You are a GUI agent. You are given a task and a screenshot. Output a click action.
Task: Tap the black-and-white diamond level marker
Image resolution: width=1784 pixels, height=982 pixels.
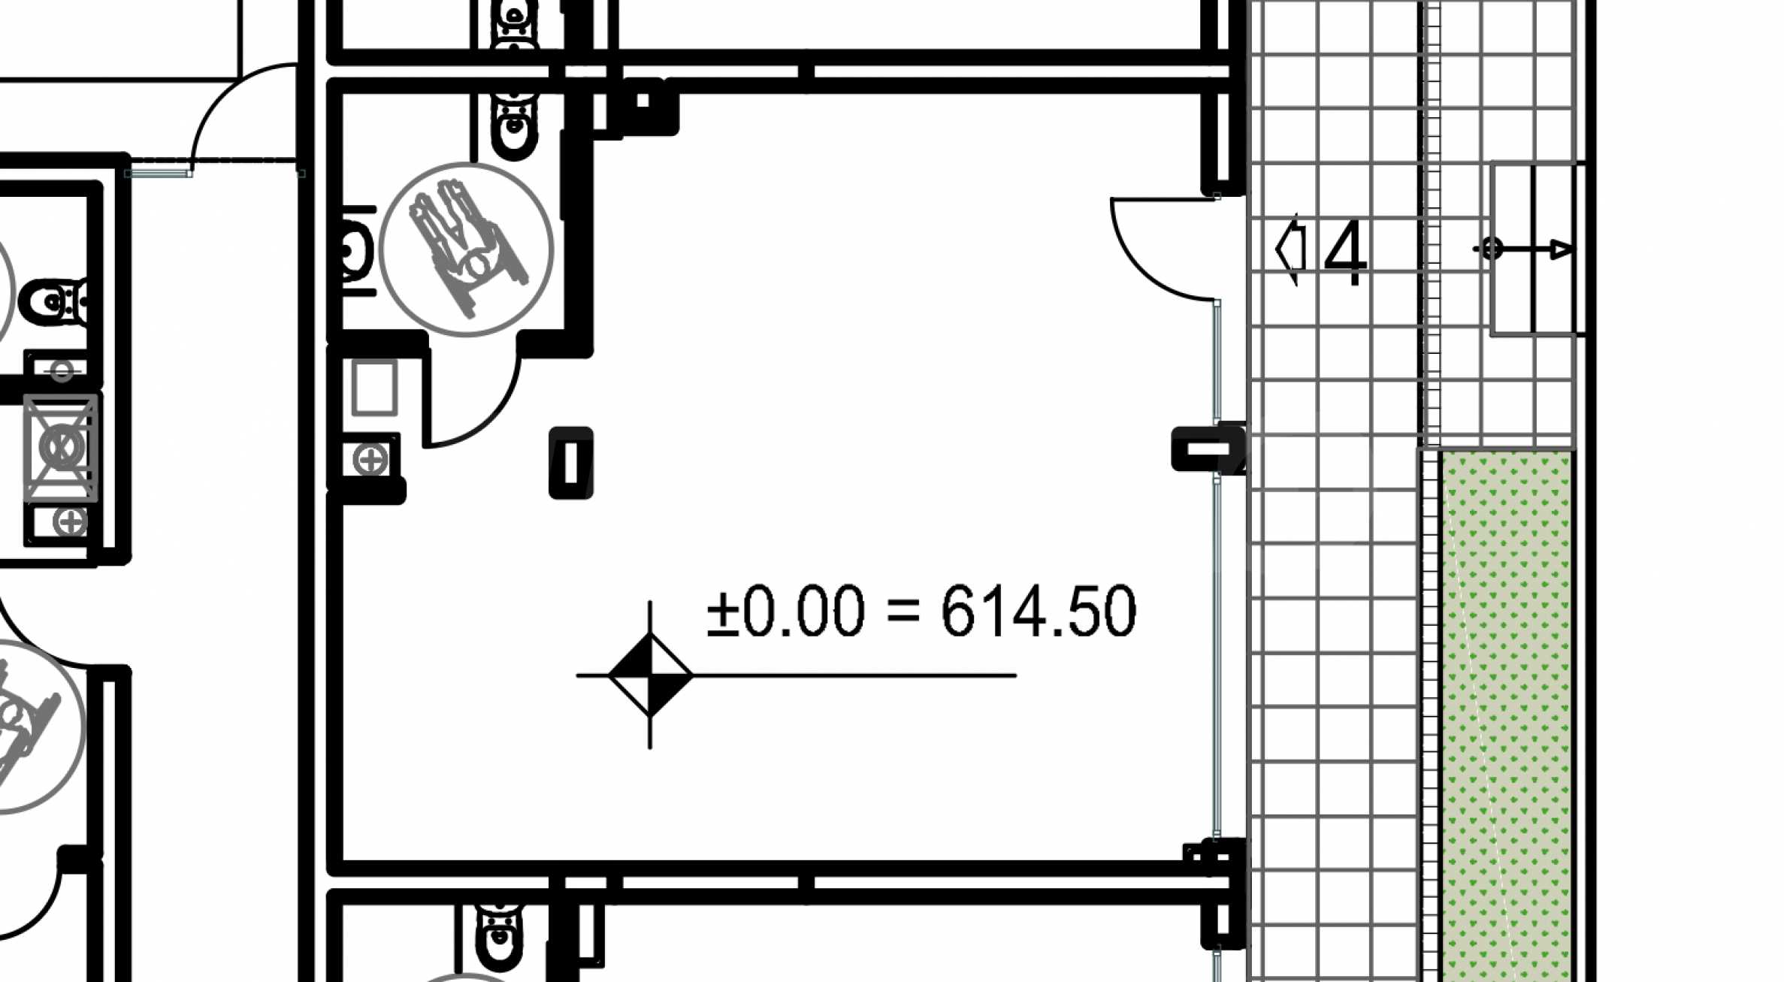(650, 675)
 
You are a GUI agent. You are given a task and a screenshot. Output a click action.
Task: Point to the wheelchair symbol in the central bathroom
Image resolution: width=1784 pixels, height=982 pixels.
(466, 249)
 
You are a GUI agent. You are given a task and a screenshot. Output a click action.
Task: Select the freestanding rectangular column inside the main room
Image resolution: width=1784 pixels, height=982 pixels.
(571, 463)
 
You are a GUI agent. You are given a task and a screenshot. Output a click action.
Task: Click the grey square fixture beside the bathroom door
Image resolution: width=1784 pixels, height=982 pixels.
(374, 388)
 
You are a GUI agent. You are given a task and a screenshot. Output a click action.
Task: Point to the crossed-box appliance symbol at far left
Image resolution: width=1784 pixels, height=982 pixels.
(61, 448)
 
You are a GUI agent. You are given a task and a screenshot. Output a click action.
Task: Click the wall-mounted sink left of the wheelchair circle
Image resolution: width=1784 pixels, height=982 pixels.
(358, 250)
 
